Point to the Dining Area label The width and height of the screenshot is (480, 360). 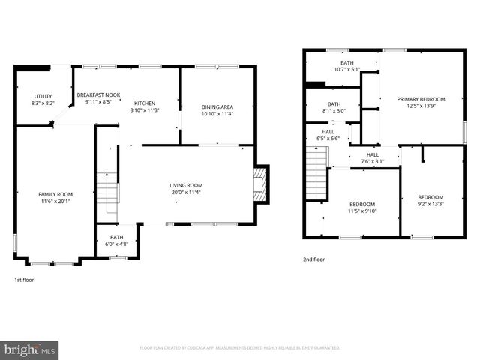(x=217, y=110)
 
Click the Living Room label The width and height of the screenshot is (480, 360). (x=186, y=189)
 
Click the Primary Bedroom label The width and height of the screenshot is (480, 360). (x=421, y=103)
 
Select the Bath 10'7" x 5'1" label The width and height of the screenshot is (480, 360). (x=346, y=66)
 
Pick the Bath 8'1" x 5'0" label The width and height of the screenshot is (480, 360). (x=334, y=108)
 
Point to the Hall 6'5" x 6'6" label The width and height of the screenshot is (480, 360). (x=328, y=135)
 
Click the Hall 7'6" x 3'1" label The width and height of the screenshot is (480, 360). (x=373, y=157)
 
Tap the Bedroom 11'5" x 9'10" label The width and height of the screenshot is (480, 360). (x=362, y=208)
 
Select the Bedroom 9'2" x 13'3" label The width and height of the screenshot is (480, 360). (x=430, y=201)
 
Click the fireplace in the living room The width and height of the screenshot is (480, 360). (x=259, y=183)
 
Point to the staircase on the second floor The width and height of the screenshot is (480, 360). (x=317, y=172)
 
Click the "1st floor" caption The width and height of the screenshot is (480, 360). (x=24, y=280)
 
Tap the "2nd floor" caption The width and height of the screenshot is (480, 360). (x=314, y=259)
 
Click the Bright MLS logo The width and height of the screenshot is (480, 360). (x=30, y=349)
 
